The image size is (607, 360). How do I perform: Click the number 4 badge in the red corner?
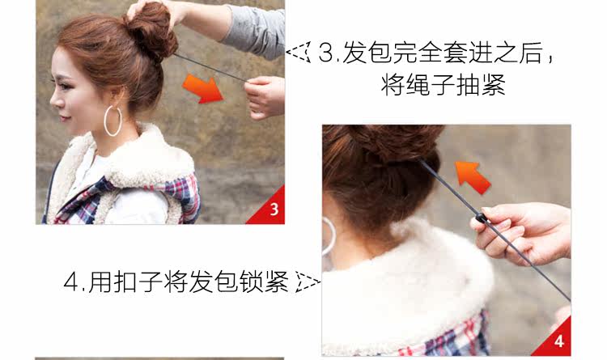pyautogui.click(x=559, y=342)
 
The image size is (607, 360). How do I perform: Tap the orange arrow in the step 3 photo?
pyautogui.click(x=202, y=87)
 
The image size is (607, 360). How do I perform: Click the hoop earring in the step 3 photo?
pyautogui.click(x=112, y=121)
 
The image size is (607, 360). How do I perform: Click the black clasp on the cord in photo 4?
pyautogui.click(x=483, y=218)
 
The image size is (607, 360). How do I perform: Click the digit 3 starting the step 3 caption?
pyautogui.click(x=326, y=55)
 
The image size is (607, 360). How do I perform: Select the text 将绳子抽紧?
pyautogui.click(x=443, y=84)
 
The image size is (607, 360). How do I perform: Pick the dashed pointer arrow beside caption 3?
pyautogui.click(x=299, y=54)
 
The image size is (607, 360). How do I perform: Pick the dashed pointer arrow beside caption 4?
pyautogui.click(x=308, y=282)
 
